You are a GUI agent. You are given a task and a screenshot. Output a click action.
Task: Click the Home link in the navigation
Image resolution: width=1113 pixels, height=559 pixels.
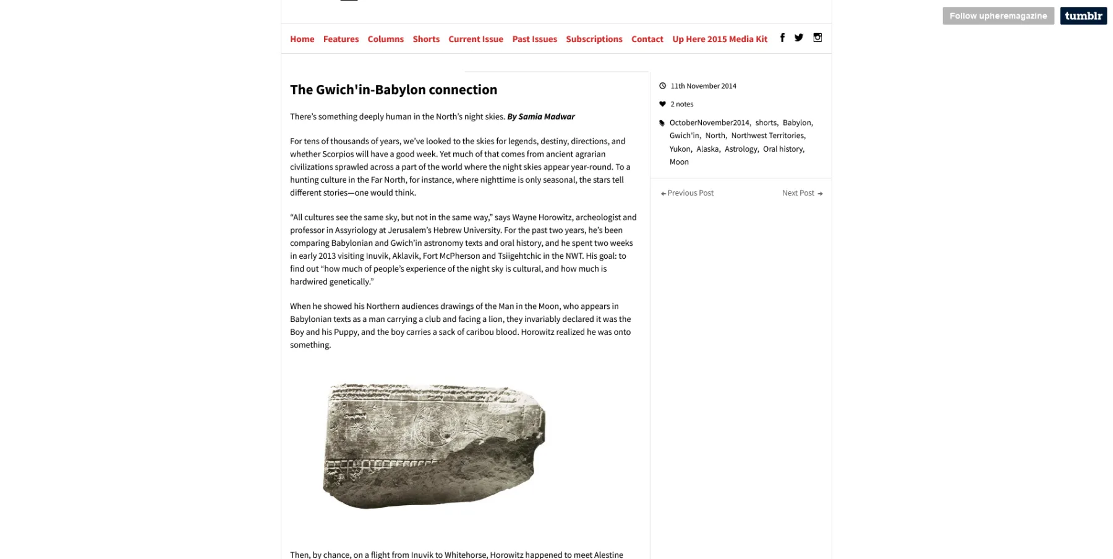point(302,39)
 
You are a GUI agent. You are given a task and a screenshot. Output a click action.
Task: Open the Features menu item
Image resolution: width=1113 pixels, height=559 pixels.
point(341,39)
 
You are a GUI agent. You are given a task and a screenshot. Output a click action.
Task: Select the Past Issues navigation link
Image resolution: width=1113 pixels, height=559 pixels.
point(534,39)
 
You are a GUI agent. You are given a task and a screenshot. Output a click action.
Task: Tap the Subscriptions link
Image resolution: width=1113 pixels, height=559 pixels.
point(594,39)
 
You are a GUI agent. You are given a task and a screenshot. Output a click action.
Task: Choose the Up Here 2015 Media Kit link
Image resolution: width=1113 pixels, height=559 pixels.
point(720,39)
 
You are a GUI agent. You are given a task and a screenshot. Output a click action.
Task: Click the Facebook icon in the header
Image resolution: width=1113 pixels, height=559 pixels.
point(782,38)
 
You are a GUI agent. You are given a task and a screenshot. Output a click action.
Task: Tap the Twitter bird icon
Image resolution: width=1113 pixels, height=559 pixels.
point(799,38)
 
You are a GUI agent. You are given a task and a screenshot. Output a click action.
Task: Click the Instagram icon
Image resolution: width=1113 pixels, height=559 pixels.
point(817,38)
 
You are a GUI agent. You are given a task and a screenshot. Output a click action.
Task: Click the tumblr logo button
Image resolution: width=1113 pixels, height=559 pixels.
point(1083,16)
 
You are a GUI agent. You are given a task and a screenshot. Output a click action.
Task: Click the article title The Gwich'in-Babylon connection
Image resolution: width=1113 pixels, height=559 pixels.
point(393,90)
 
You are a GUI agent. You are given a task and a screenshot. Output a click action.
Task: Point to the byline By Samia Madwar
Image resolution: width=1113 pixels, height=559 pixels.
point(541,116)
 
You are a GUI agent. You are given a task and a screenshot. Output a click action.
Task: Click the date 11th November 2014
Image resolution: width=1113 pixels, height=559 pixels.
point(703,86)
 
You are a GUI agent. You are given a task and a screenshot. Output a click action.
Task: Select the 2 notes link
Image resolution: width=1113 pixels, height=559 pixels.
point(681,104)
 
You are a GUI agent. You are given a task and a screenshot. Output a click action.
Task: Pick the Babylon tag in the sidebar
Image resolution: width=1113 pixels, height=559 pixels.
point(796,123)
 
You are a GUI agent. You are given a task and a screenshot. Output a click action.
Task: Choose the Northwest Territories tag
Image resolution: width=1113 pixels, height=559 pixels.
point(767,136)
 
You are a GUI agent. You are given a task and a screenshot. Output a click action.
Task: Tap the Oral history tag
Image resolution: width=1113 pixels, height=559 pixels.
point(783,149)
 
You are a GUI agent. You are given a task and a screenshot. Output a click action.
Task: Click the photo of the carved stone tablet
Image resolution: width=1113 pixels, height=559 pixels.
point(434,446)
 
